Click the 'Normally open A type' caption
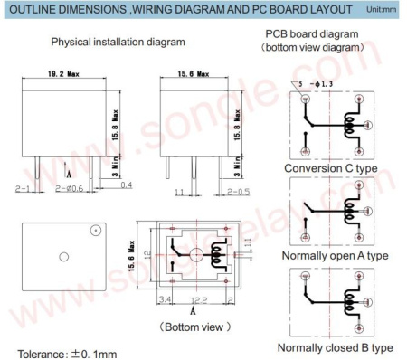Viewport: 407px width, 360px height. coord(336,256)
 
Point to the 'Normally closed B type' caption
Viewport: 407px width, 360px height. coord(336,347)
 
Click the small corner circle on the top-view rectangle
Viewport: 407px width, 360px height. coord(92,231)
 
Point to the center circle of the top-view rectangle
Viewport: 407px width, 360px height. coord(62,257)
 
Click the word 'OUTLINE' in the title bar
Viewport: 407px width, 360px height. coord(33,10)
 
